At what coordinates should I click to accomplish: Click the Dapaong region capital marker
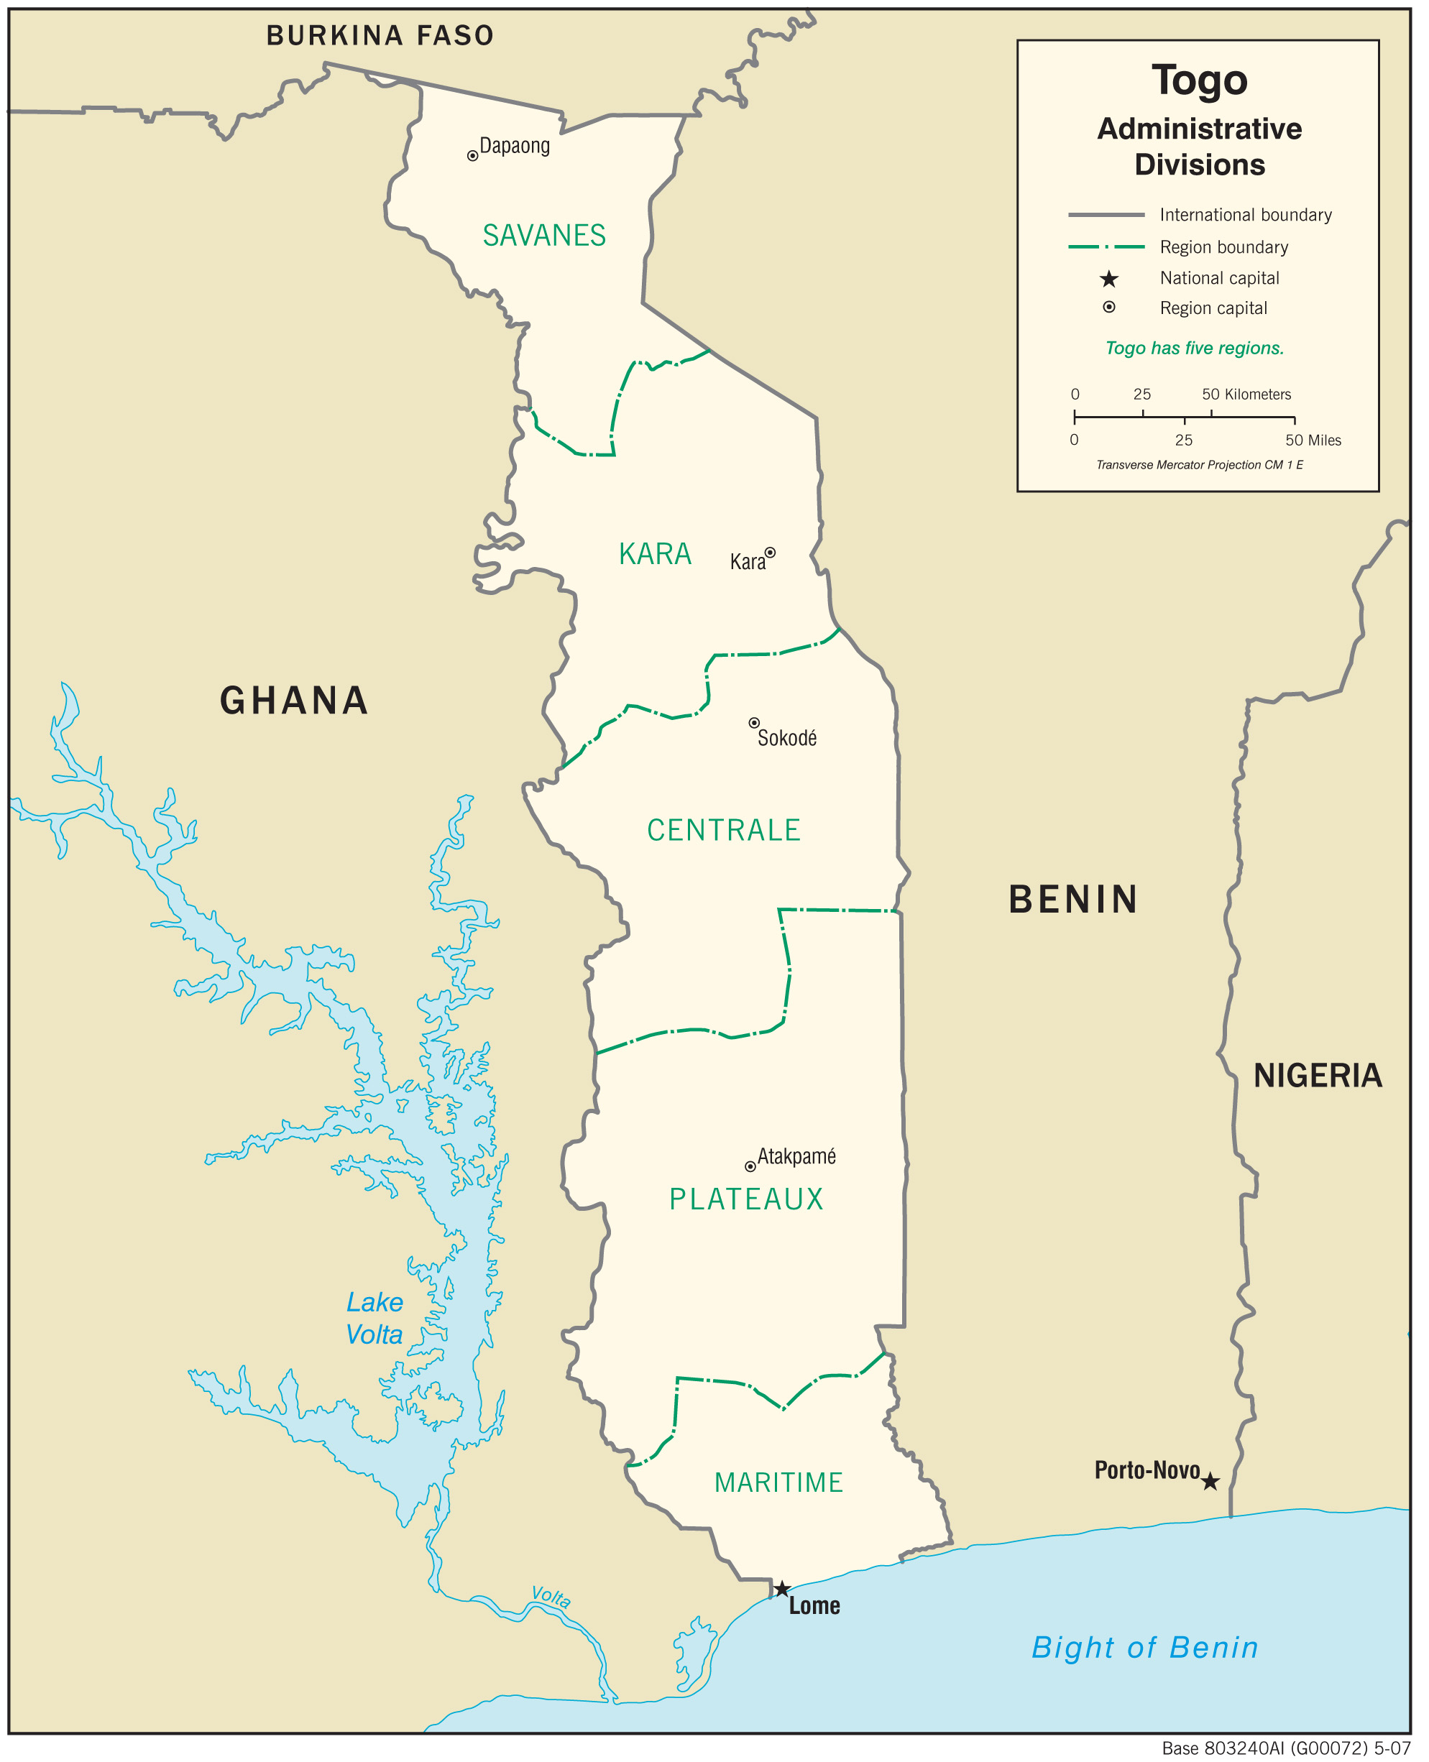[x=472, y=155]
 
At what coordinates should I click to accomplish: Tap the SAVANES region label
[x=544, y=236]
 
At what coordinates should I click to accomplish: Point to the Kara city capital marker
[x=770, y=552]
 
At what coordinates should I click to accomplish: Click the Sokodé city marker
[x=753, y=723]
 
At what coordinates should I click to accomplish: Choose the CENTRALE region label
[x=724, y=831]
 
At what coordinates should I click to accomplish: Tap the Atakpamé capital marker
[x=750, y=1166]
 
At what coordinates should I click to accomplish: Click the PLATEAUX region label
[x=746, y=1199]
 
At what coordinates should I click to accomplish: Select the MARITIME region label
[x=778, y=1482]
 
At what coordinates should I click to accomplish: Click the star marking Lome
[x=782, y=1588]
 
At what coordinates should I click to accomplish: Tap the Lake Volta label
[x=375, y=1318]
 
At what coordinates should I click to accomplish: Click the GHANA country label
[x=294, y=701]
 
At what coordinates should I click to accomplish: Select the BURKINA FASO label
[x=380, y=35]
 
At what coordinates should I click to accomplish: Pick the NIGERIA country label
[x=1317, y=1076]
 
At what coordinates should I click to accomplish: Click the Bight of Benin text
[x=1144, y=1648]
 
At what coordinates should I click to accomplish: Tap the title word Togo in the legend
[x=1199, y=80]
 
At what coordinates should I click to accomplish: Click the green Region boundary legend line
[x=1106, y=246]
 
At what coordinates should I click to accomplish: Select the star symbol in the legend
[x=1109, y=279]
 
